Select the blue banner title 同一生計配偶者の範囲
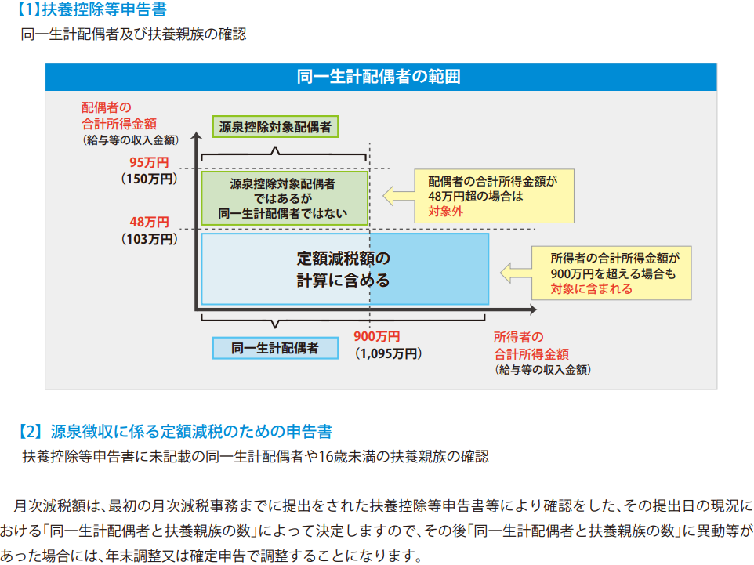(x=379, y=77)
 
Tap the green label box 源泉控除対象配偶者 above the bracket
(x=275, y=126)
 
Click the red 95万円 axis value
(x=149, y=162)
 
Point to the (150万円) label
(x=149, y=179)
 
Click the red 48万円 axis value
(x=149, y=222)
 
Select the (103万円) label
(x=149, y=239)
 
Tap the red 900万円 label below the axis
(x=377, y=337)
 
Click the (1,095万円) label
(x=389, y=353)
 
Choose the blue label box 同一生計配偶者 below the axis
(x=275, y=348)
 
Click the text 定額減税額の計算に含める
(x=343, y=270)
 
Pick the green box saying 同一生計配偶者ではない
(x=285, y=198)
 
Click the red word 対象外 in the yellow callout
(x=445, y=211)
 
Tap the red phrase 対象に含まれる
(x=592, y=288)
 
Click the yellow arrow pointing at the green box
(x=399, y=196)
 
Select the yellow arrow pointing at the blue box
(x=516, y=273)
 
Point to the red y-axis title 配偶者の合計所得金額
(x=119, y=115)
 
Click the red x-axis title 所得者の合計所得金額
(x=531, y=346)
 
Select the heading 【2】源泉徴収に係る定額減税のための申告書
(x=174, y=431)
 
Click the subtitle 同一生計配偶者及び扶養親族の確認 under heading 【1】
(x=134, y=34)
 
